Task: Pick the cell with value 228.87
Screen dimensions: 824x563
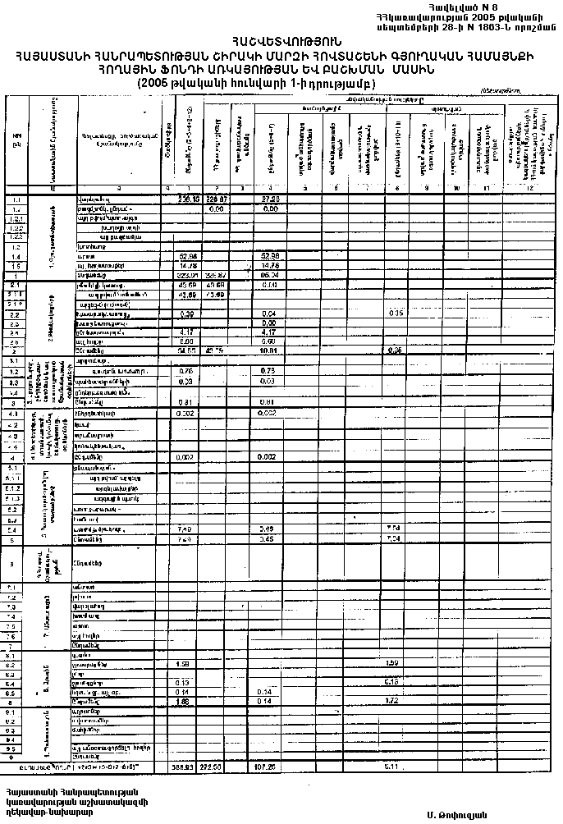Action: [216, 199]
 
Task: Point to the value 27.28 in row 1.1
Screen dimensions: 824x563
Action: [270, 199]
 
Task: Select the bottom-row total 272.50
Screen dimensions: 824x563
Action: [216, 767]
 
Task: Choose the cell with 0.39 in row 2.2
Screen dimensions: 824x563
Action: [186, 314]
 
